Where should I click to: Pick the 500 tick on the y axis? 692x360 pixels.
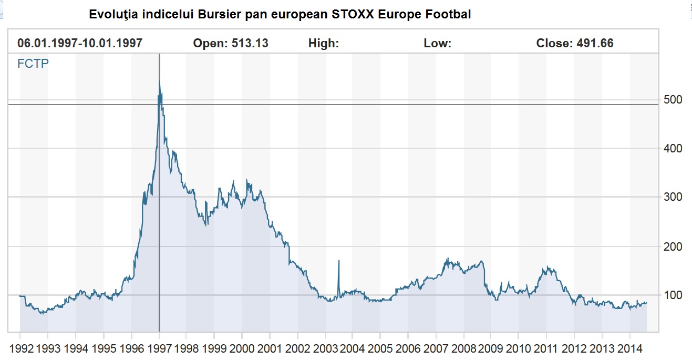(x=673, y=100)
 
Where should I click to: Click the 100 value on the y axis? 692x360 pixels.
(x=673, y=295)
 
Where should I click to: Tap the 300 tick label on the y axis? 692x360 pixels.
(x=673, y=197)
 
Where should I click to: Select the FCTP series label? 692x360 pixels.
(x=34, y=65)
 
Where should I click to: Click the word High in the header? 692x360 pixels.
(x=323, y=44)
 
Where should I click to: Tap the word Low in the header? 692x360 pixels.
(x=437, y=44)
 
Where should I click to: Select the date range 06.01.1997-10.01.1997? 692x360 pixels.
(x=80, y=44)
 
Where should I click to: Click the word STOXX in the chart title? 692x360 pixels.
(x=350, y=15)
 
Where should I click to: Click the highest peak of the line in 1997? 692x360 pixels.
(x=159, y=80)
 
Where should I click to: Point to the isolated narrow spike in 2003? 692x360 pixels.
(x=339, y=261)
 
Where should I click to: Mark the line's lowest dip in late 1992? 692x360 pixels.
(x=41, y=313)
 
